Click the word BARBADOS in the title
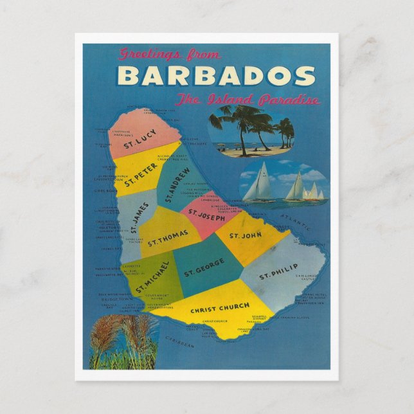tap(216, 76)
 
